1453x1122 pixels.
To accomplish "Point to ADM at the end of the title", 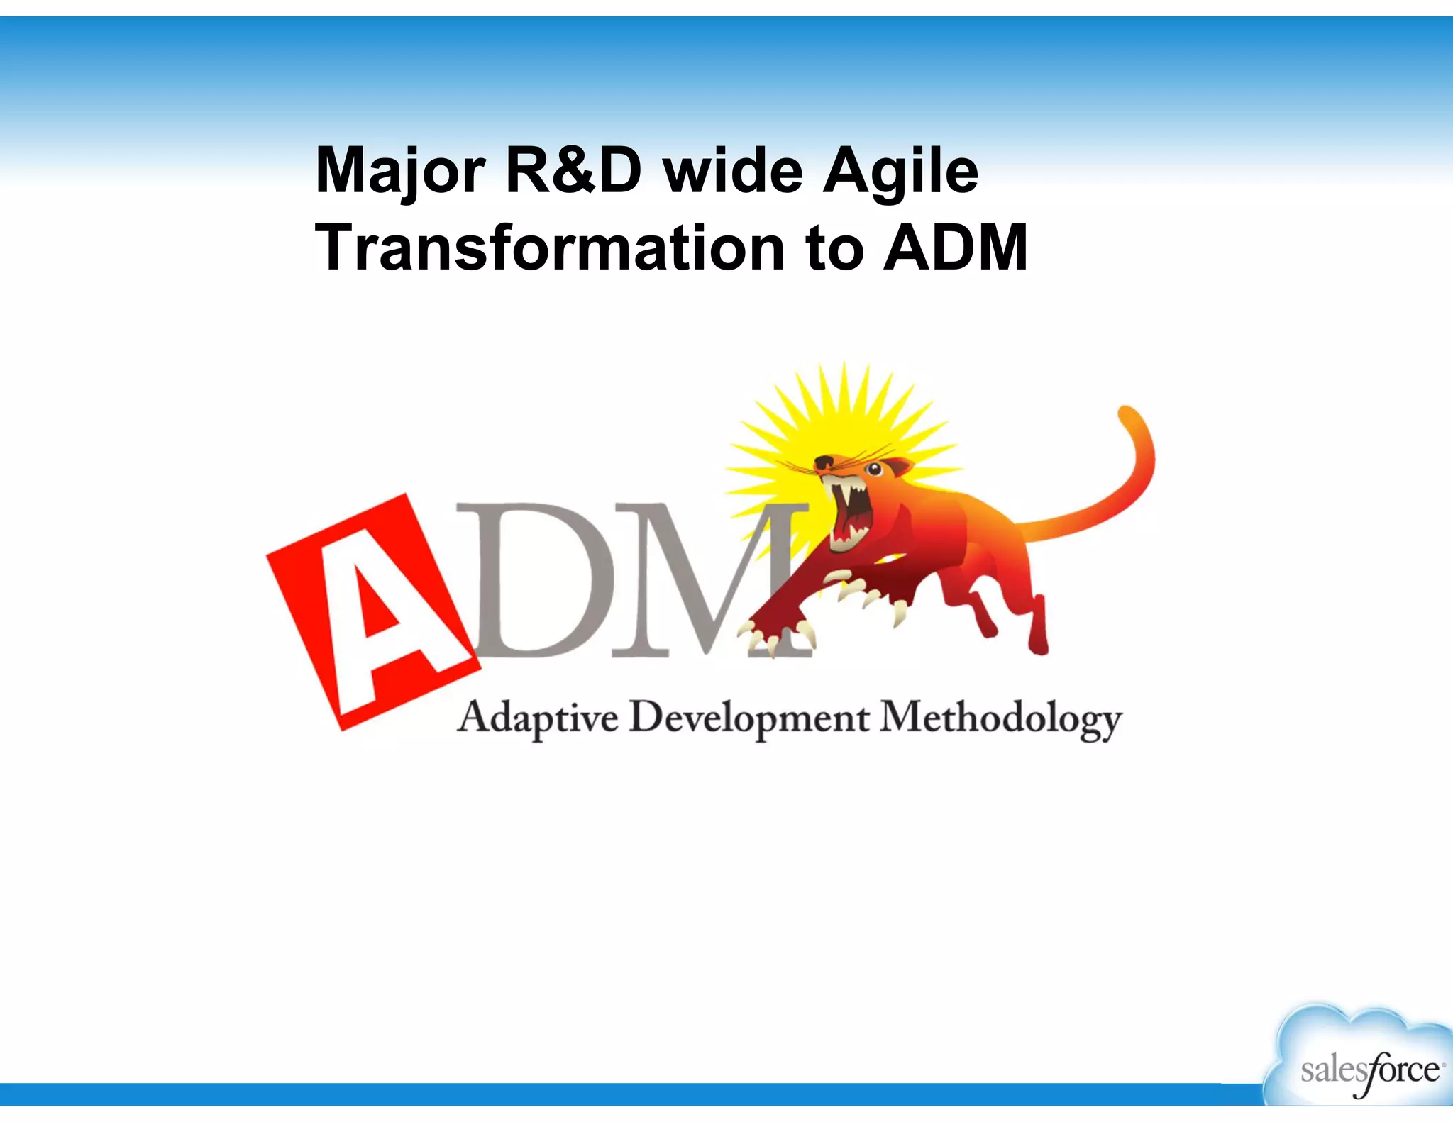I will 955,248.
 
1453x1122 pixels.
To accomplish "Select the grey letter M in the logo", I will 695,578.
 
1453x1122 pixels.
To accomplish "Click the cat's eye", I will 874,469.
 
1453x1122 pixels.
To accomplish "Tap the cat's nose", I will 823,462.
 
